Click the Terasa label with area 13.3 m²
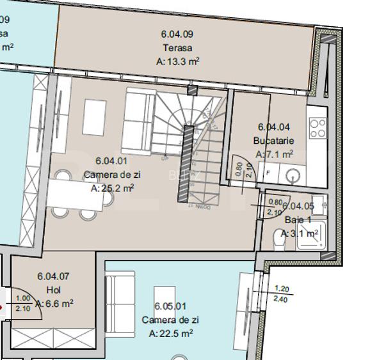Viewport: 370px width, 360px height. coord(177,48)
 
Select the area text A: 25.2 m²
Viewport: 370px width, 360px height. coord(112,188)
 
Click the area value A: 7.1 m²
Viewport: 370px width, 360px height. coord(274,155)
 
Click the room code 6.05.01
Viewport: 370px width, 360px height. coord(171,306)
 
